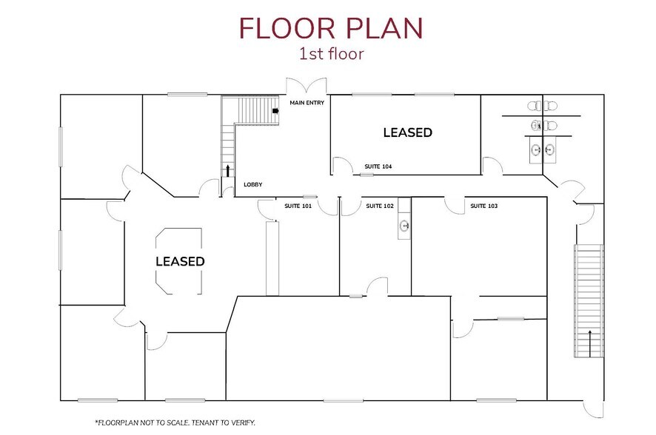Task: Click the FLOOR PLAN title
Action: pos(330,27)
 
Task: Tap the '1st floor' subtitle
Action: pos(330,54)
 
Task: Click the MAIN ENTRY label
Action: pos(307,103)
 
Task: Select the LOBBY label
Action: pos(252,184)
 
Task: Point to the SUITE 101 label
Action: pos(298,206)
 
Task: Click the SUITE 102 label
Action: pos(380,206)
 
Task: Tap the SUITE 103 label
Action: pos(484,206)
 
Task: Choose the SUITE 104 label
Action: pos(378,167)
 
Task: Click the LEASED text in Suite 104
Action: pos(407,133)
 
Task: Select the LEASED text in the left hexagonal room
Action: pos(180,262)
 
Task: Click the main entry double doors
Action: pos(306,87)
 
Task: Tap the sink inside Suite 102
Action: pos(404,225)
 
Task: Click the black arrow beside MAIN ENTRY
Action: pos(275,111)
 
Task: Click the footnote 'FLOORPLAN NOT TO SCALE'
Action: pos(175,422)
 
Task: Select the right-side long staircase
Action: pos(589,296)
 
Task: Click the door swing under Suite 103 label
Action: pos(454,206)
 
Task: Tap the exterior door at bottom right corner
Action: pos(594,409)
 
